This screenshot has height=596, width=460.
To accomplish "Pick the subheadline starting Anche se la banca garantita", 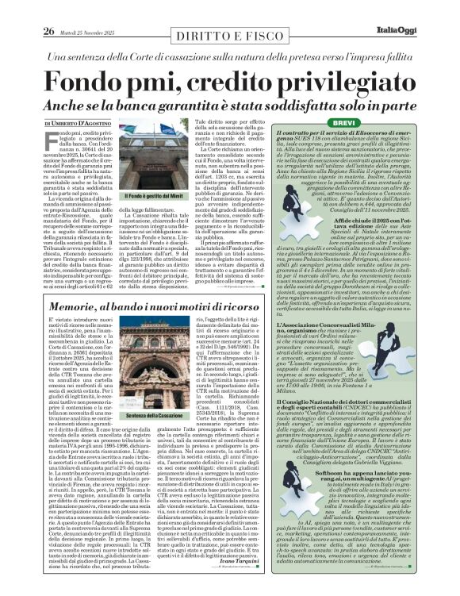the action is click(x=230, y=104).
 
